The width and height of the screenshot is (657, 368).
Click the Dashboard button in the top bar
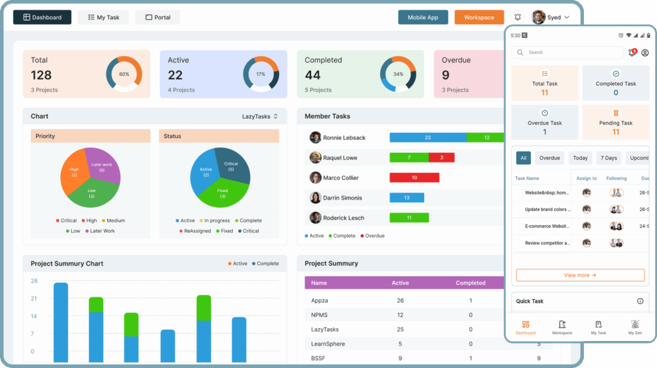click(x=42, y=17)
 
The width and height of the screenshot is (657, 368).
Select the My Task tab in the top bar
click(x=103, y=17)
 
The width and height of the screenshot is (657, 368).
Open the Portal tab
click(x=157, y=17)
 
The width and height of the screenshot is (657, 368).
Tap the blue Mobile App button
click(x=423, y=17)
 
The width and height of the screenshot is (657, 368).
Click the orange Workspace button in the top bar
click(x=479, y=17)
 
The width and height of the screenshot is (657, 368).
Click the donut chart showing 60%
click(x=124, y=74)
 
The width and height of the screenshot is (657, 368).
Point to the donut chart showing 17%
click(x=260, y=74)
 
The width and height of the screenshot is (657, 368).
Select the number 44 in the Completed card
click(x=312, y=75)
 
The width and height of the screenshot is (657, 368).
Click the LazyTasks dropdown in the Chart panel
click(x=260, y=116)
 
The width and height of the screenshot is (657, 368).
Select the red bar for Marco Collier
click(x=414, y=177)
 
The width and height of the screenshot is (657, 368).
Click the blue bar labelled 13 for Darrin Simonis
click(x=406, y=198)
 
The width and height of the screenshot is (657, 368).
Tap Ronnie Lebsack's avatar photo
click(x=315, y=137)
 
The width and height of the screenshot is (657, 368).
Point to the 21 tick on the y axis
click(x=34, y=299)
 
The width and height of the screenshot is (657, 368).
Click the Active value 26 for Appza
click(x=400, y=301)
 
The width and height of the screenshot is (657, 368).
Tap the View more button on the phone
click(x=580, y=275)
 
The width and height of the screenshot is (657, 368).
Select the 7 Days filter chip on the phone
click(x=609, y=158)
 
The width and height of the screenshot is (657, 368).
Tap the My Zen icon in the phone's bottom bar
click(x=635, y=327)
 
